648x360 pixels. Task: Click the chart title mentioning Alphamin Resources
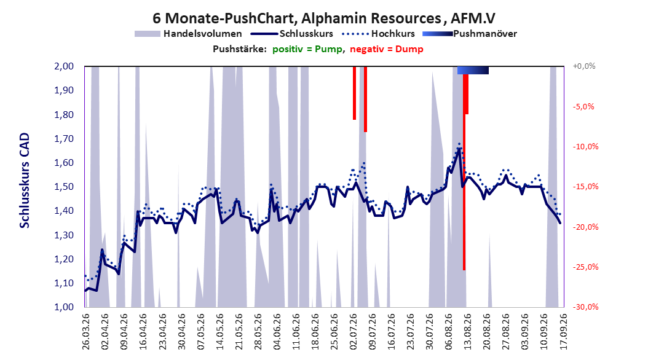(323, 18)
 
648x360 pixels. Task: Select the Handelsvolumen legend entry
(188, 34)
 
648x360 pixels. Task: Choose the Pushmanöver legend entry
(470, 34)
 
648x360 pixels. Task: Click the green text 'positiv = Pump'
(307, 49)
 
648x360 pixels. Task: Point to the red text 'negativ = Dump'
(387, 49)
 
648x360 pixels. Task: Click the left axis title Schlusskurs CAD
(25, 181)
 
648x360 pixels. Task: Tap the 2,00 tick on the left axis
(64, 66)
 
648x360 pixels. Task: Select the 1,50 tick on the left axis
(64, 187)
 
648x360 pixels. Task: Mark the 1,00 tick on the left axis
(64, 307)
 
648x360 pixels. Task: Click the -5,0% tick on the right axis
(583, 106)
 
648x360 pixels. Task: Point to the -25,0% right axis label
(585, 267)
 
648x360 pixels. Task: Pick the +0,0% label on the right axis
(584, 66)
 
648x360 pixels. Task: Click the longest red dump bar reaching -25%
(464, 172)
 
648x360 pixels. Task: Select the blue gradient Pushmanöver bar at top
(473, 70)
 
